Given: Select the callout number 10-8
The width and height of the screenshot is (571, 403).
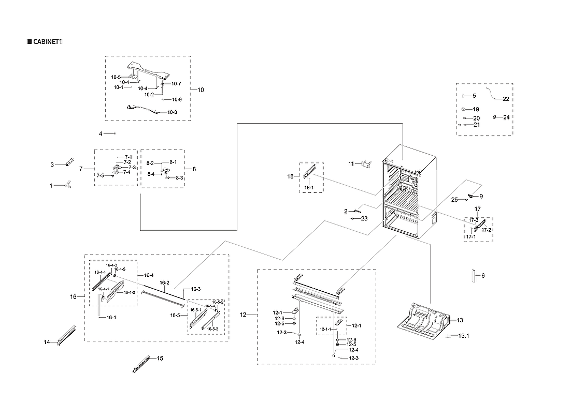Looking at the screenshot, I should [172, 112].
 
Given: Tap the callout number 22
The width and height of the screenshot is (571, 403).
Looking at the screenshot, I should [506, 99].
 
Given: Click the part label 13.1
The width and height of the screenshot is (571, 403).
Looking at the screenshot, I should [463, 336].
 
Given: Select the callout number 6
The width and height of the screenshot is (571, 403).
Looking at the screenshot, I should [483, 276].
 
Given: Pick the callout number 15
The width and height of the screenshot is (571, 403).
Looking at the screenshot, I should [160, 358].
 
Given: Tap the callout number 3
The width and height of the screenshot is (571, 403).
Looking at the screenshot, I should [52, 165].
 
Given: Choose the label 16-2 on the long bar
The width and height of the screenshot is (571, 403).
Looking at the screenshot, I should [164, 283].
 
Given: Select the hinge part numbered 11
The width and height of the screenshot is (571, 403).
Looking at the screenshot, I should [367, 164].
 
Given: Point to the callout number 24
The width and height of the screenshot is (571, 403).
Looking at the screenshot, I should [506, 117].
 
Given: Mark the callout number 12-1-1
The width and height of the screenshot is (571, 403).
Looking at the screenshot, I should [325, 330].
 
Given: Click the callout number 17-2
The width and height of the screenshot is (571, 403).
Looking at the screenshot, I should [487, 230].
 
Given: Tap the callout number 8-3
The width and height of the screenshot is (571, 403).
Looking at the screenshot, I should [179, 178].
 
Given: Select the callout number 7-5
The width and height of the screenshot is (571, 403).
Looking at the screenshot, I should [99, 176].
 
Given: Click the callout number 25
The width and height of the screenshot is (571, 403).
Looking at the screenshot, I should [454, 200].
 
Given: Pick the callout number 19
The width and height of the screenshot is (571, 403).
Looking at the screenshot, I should [475, 110].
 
